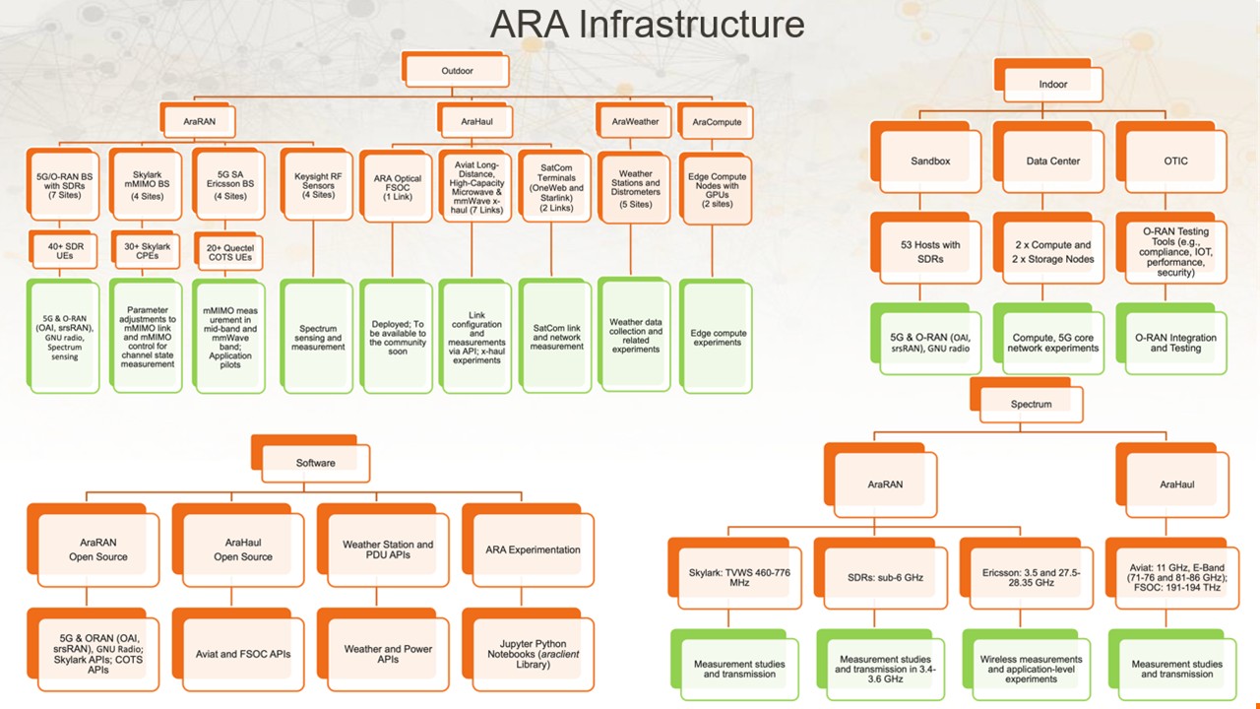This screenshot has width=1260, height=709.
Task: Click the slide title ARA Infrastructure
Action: [647, 24]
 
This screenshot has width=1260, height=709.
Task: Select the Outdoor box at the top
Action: [457, 71]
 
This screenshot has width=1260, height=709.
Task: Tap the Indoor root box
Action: [1052, 84]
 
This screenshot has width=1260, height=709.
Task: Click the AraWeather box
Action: [635, 122]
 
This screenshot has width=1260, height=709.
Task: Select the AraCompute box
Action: [717, 122]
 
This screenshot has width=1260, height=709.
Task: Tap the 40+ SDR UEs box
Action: [62, 250]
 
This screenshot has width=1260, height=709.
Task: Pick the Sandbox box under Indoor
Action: [930, 161]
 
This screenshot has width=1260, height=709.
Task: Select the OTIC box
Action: [1174, 161]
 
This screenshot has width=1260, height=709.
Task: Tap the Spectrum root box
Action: [1031, 405]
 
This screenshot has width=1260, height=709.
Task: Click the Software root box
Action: [315, 463]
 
